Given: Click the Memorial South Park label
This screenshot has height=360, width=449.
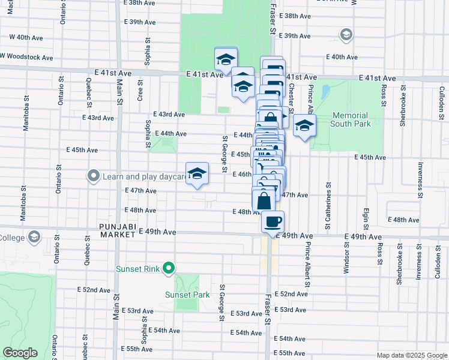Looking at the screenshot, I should [x=350, y=119].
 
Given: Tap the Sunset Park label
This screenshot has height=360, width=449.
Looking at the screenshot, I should [x=188, y=295].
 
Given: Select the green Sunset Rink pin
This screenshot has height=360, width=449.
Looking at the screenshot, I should [x=169, y=268].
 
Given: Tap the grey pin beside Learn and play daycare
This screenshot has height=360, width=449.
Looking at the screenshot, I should [x=93, y=176].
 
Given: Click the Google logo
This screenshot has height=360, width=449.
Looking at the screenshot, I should [x=20, y=352].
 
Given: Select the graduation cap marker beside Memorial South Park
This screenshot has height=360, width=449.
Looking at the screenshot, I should [x=304, y=126].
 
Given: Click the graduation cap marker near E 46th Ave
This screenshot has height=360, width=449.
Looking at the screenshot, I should [x=197, y=174].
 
